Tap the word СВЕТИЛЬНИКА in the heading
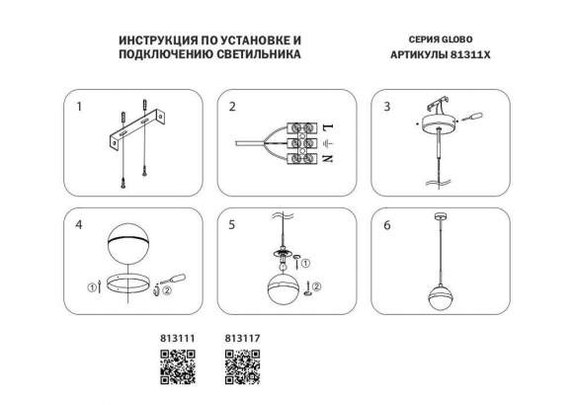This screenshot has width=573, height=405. tap(253, 56)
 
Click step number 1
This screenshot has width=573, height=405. tap(80, 105)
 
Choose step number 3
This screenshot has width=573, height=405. tap(387, 105)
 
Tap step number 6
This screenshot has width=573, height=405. tap(387, 225)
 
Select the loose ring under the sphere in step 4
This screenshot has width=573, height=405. tap(126, 287)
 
